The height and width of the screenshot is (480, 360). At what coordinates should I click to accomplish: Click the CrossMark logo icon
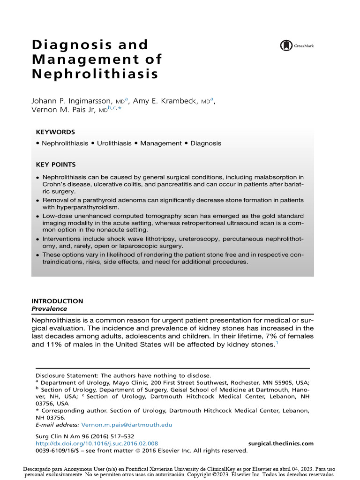tap(286, 45)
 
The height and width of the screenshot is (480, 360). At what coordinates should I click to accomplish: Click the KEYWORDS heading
tap(55, 132)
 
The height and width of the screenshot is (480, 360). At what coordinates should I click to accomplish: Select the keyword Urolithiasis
tap(114, 143)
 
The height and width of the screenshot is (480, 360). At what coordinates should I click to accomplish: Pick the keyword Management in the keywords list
tap(160, 143)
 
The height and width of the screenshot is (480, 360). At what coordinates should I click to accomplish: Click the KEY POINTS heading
tap(56, 165)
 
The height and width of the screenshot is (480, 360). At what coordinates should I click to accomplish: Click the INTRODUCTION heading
tap(57, 301)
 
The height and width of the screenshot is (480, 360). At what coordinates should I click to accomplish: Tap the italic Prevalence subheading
tap(49, 309)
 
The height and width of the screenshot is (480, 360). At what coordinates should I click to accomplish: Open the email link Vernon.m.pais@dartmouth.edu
tap(127, 425)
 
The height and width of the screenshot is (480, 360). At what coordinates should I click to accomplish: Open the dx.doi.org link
tap(97, 443)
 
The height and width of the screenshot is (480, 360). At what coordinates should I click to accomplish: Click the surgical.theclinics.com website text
tap(280, 443)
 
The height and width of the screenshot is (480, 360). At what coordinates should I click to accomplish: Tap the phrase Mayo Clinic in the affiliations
tap(130, 382)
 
